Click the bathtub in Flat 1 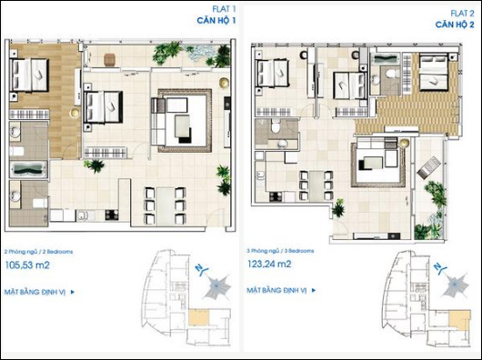point(30,169)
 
